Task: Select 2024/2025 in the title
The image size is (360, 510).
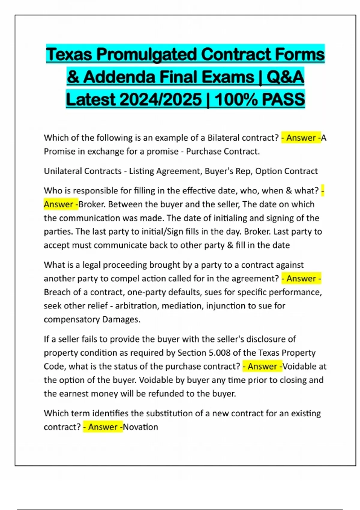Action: coord(160,99)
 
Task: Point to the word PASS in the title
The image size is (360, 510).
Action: coord(283,99)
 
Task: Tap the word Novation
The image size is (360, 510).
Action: coord(140,427)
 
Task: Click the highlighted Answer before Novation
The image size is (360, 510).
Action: coord(103,427)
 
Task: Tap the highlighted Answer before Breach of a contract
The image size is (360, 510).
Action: coord(301,278)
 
